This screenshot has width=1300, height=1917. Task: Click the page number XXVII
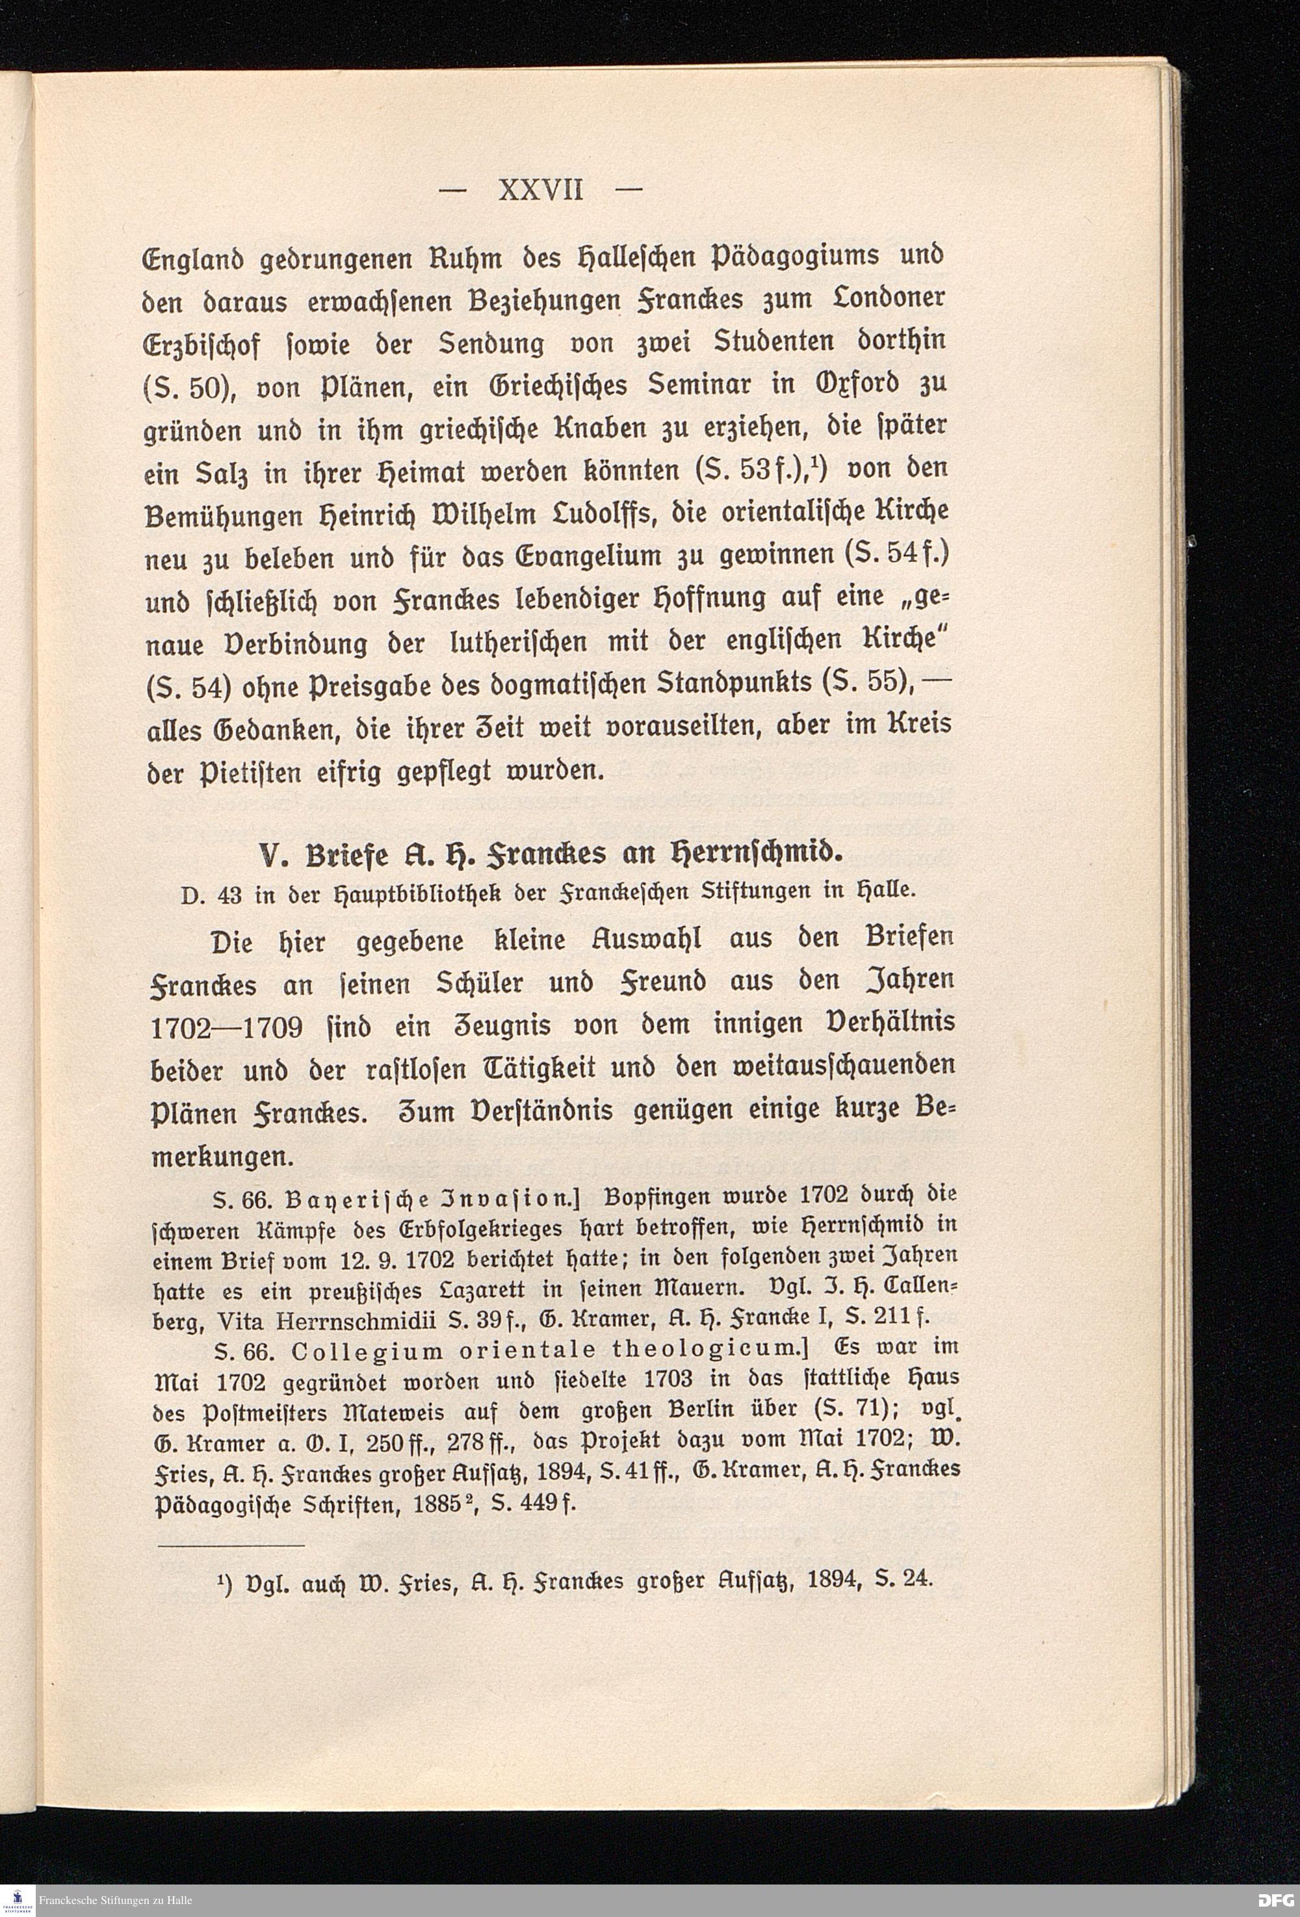[541, 190]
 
